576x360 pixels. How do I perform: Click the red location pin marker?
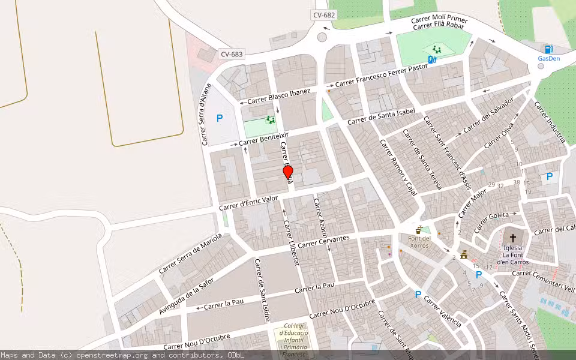tap(288, 172)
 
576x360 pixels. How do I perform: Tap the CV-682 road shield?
tap(325, 15)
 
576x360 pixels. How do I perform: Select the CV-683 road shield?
tap(232, 55)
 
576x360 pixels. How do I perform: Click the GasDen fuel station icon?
tap(548, 49)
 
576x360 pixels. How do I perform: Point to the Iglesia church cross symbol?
tap(512, 238)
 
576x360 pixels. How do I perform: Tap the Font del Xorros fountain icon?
tap(419, 229)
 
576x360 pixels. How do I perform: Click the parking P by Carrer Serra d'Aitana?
tap(219, 119)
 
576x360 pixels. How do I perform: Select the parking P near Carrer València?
tap(418, 295)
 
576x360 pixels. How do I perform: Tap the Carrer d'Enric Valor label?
tap(248, 202)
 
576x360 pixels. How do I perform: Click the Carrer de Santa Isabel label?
tap(381, 116)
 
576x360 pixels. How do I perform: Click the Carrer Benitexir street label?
tap(264, 139)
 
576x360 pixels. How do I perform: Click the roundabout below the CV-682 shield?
tap(322, 38)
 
